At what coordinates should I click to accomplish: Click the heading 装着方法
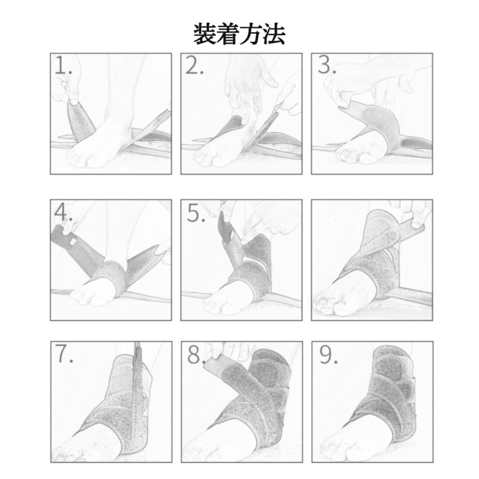coord(239,34)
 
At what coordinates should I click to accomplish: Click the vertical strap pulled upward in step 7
coord(140,383)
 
